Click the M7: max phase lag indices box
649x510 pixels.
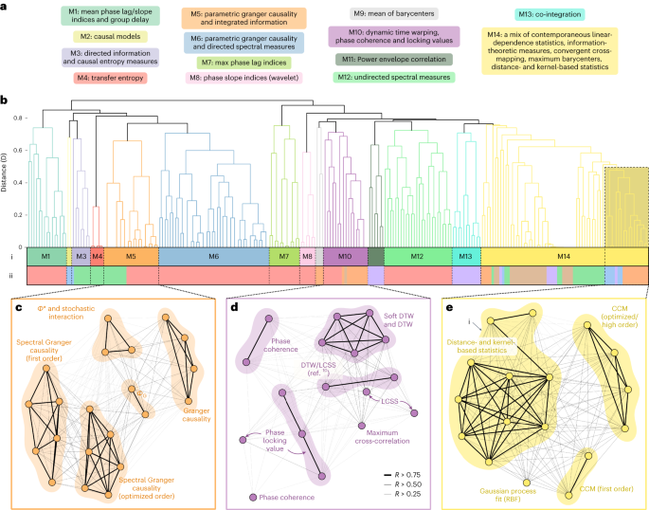[x=245, y=62]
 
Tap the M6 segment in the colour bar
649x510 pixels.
[x=213, y=257]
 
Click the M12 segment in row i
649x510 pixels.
[x=417, y=257]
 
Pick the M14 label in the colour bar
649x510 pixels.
[x=563, y=257]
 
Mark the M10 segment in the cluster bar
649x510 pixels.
[x=345, y=257]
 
